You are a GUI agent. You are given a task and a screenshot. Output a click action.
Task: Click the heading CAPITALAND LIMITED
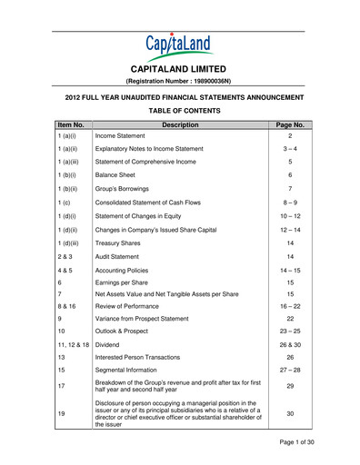(179, 69)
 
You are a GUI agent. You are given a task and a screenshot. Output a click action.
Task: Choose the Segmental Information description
(128, 371)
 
